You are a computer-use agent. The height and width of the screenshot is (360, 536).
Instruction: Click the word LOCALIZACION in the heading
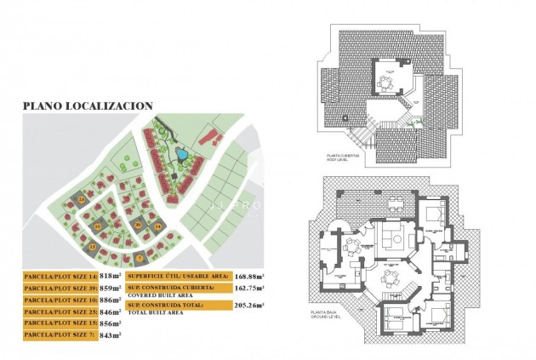112,106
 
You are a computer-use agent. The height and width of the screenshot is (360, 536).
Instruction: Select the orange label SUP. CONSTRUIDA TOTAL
176,303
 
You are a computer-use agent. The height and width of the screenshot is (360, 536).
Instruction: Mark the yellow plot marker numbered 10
99,226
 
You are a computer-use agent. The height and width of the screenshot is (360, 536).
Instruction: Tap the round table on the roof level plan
387,83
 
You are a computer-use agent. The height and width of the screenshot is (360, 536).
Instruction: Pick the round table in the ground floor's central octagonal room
390,277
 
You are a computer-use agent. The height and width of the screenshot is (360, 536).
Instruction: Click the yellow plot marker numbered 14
82,198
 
